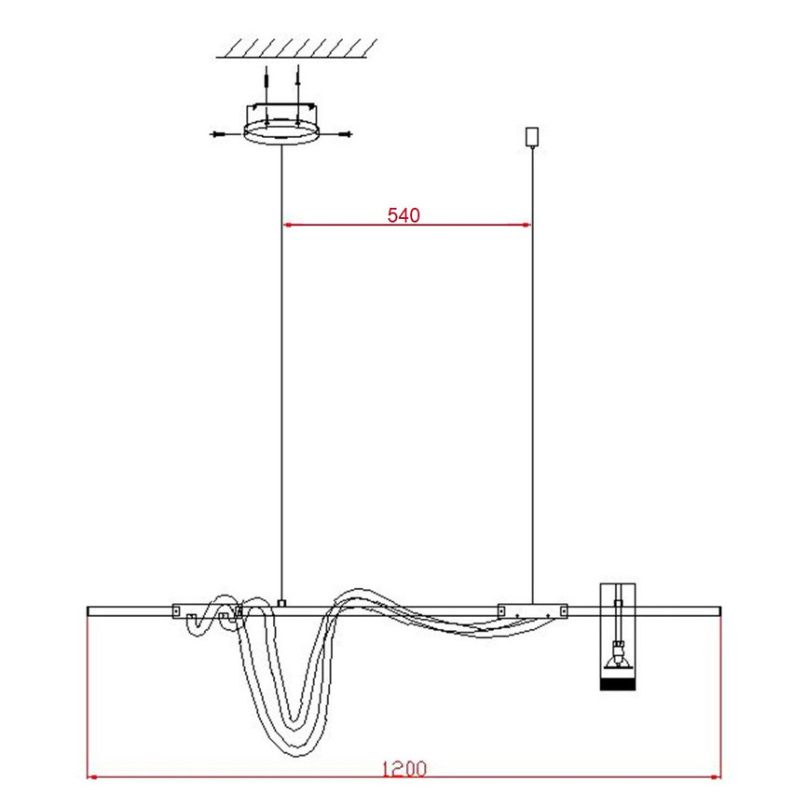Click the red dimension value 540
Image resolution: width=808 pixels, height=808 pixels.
(404, 215)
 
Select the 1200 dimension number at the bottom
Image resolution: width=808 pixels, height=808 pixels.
(404, 770)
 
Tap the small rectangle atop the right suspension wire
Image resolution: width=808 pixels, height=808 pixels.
(532, 137)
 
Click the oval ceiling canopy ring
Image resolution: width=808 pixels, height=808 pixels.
(281, 132)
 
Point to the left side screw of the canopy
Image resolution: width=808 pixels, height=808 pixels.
(220, 134)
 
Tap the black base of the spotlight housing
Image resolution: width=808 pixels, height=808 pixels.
(618, 684)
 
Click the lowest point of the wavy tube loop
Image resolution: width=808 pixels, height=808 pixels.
(295, 756)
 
